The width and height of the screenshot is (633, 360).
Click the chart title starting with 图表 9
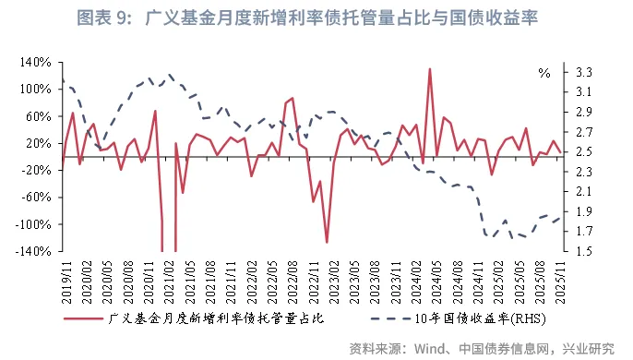click(x=316, y=18)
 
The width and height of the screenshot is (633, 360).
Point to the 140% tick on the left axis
click(x=32, y=62)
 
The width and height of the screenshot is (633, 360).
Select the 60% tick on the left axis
click(x=36, y=116)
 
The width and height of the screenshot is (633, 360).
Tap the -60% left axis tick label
click(x=33, y=197)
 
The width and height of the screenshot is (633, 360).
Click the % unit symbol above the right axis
click(x=544, y=72)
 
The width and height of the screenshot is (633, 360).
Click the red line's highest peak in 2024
click(x=430, y=69)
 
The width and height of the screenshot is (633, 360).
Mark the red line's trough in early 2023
click(x=327, y=242)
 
